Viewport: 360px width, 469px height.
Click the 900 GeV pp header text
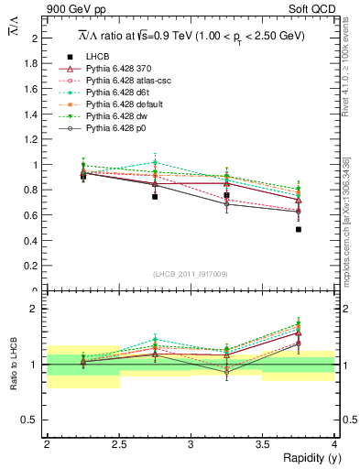click(x=73, y=10)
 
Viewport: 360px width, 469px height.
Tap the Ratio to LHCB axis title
click(x=13, y=365)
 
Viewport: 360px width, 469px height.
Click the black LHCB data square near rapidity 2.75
click(x=155, y=196)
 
